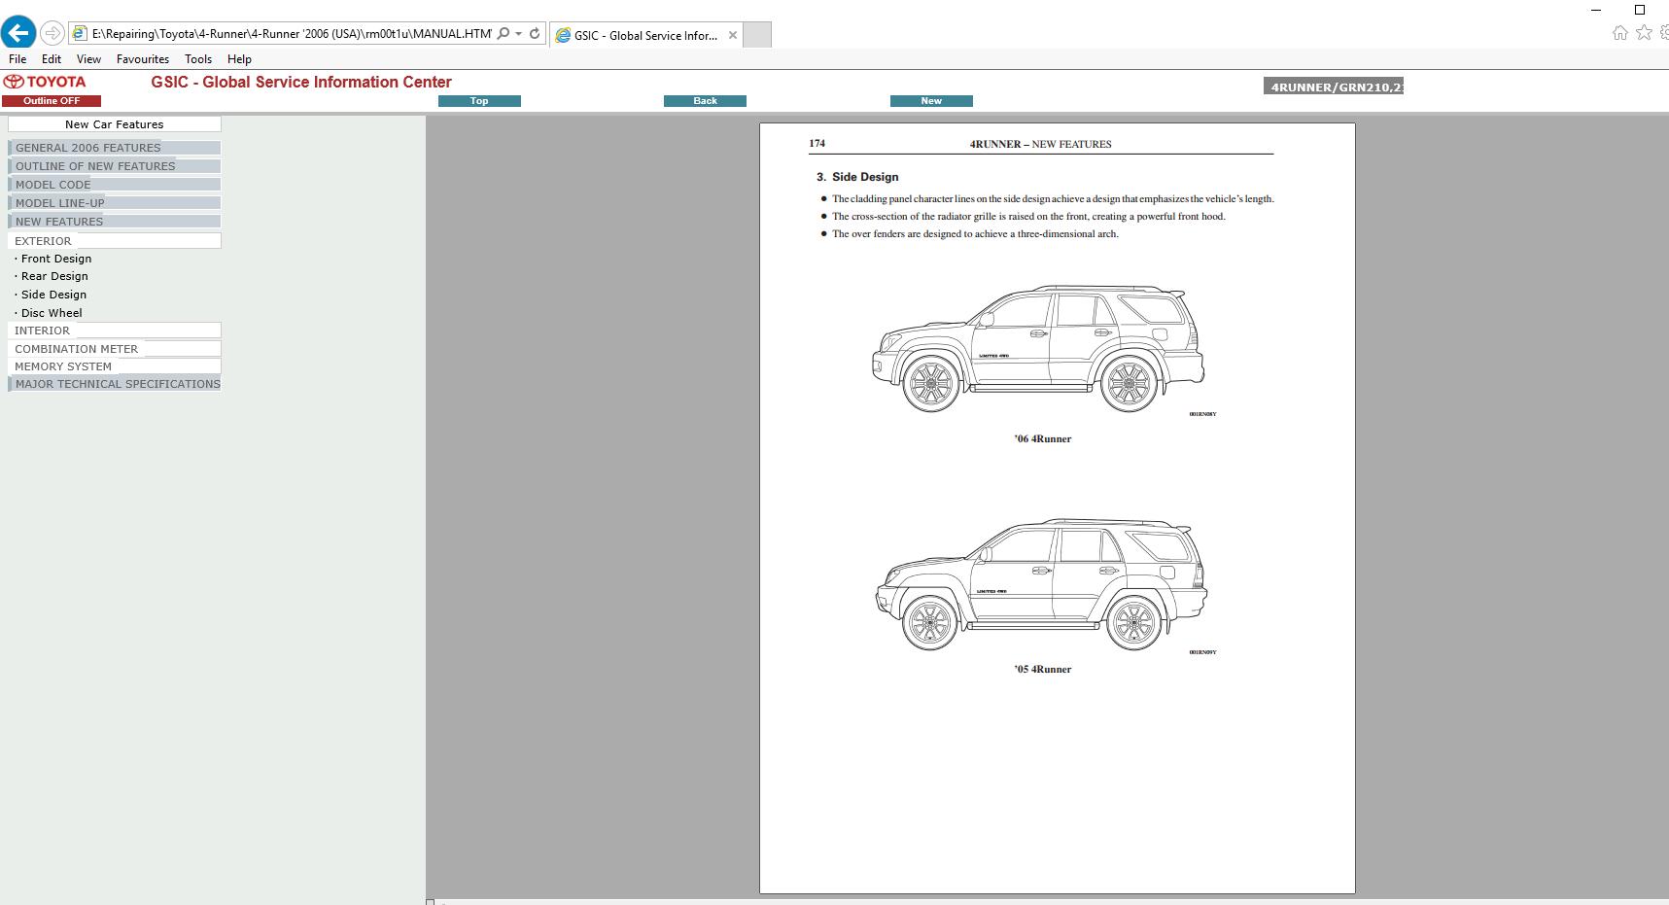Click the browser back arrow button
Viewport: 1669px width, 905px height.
coord(18,33)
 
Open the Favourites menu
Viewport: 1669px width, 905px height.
coord(142,59)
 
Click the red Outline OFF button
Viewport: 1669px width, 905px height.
coord(52,101)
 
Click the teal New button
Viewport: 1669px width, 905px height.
coord(930,101)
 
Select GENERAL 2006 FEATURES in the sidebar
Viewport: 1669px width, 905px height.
coord(88,148)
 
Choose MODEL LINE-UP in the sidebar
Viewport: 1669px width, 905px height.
coord(60,203)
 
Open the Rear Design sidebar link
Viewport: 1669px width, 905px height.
coord(54,276)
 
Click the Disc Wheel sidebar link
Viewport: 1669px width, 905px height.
coord(52,313)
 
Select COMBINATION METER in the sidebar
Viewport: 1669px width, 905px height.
coord(77,349)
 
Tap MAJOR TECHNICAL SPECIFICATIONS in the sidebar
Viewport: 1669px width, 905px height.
coord(118,384)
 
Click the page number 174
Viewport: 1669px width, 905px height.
coord(817,143)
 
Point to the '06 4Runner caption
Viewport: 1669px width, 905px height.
coord(1042,438)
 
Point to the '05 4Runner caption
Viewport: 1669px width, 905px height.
coord(1042,669)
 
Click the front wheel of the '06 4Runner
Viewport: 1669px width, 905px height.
coord(930,383)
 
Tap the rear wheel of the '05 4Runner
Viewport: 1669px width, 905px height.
coord(1133,622)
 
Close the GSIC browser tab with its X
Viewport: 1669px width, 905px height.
coord(733,35)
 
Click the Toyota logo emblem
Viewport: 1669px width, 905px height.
coord(14,82)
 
